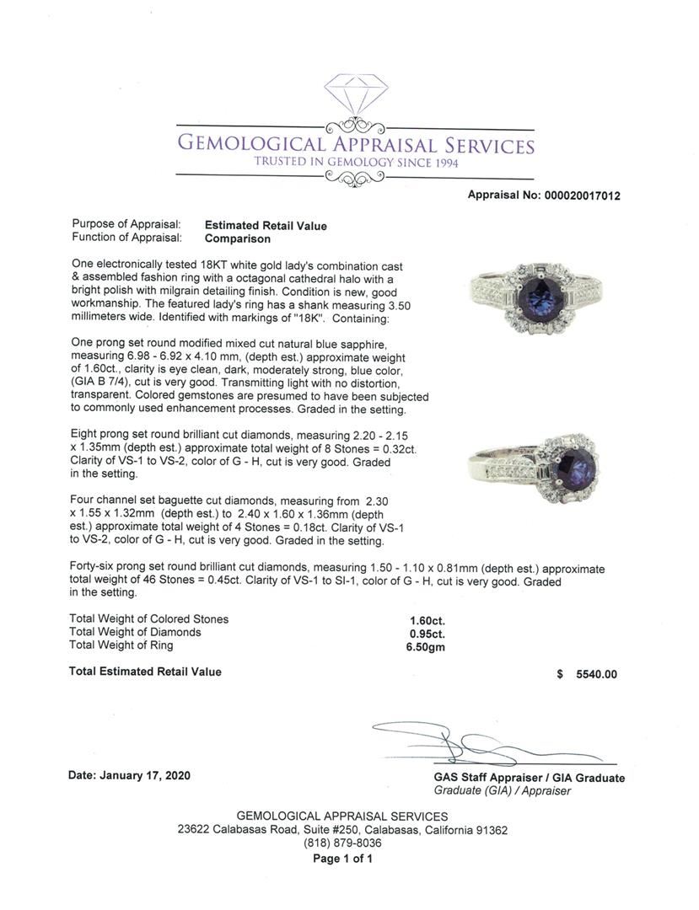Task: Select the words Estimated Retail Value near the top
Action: [266, 226]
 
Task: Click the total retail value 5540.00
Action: [597, 674]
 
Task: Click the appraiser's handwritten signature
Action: [472, 743]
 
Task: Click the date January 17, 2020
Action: [129, 775]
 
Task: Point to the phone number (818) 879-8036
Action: [342, 843]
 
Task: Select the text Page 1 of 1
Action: [342, 859]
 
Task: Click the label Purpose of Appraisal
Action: [126, 225]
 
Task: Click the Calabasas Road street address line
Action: [342, 830]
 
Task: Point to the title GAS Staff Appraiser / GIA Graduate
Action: [530, 778]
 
